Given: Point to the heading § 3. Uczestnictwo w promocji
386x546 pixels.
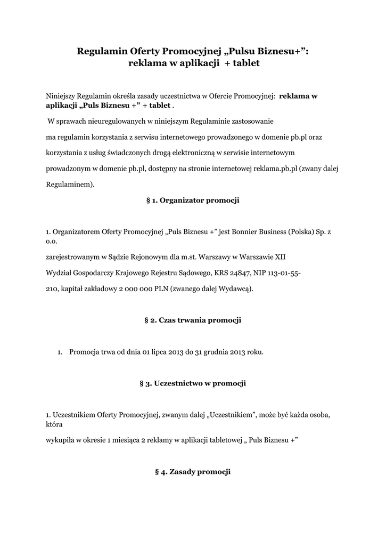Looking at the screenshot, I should tap(193, 383).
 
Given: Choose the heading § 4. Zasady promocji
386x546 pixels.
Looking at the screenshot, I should tap(193, 472).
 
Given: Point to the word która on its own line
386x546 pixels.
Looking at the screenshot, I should tap(54, 425).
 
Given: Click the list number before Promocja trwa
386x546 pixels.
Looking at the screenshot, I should tap(60, 352).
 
